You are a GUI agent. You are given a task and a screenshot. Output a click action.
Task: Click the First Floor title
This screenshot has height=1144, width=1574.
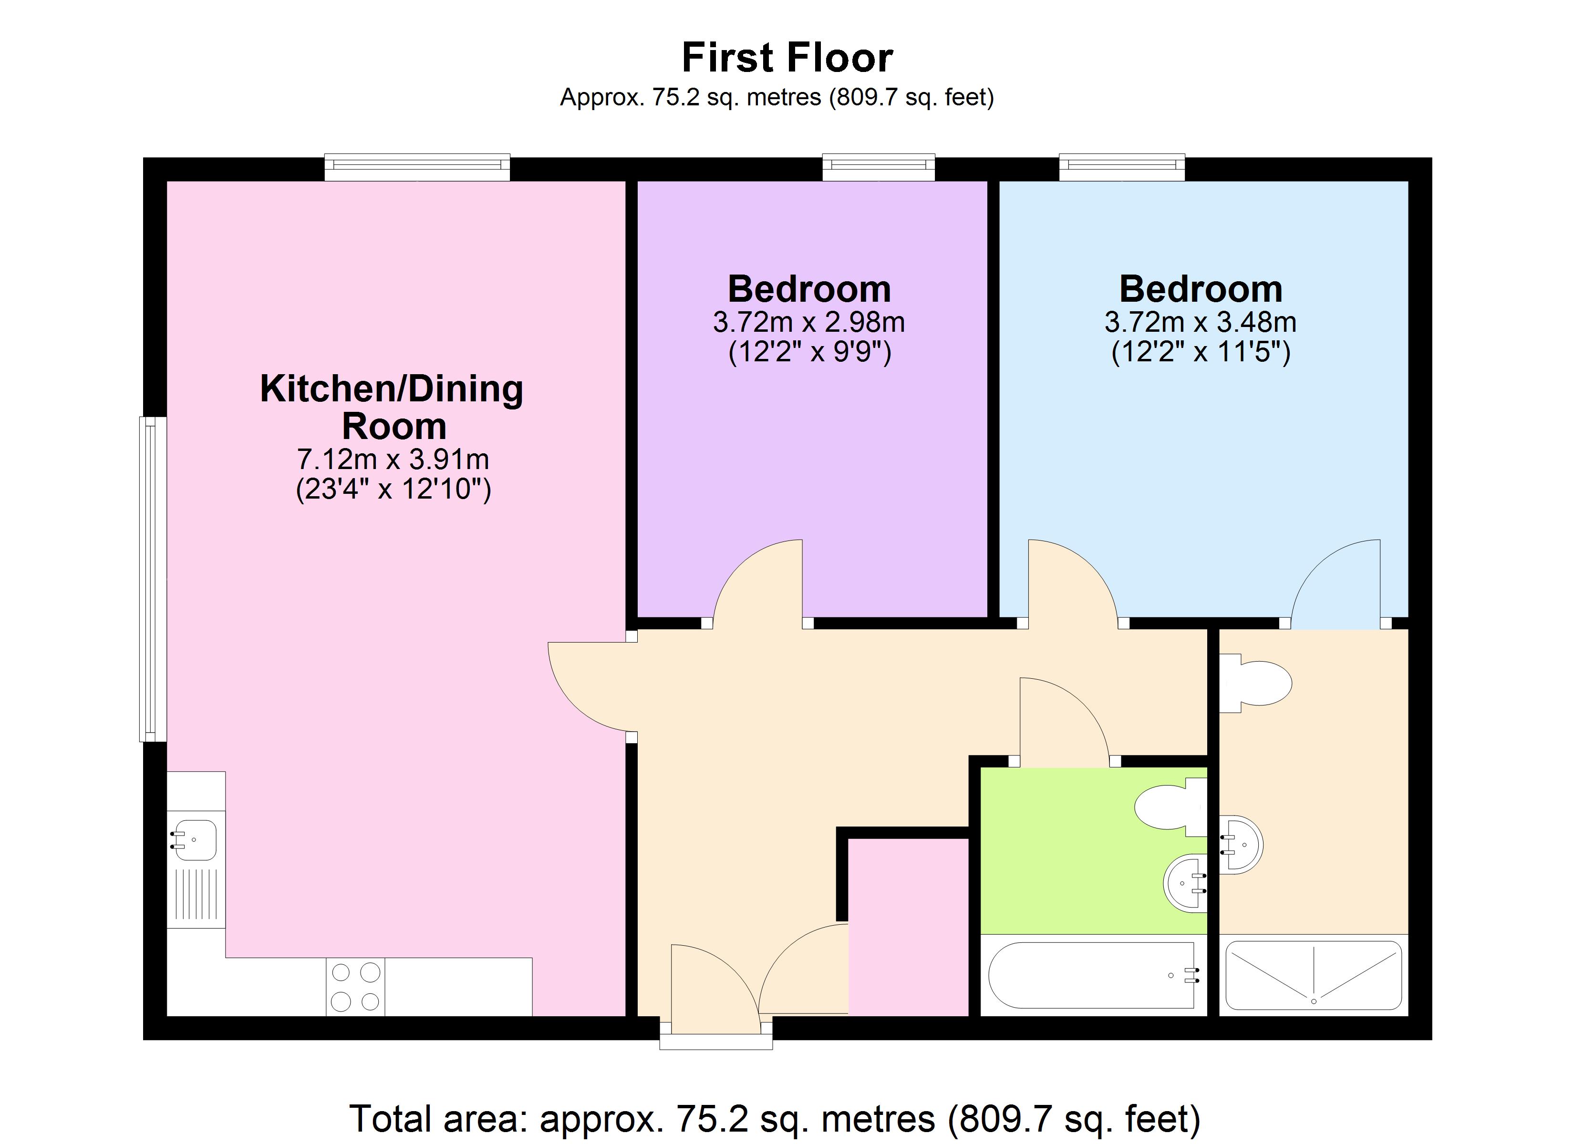pos(787,58)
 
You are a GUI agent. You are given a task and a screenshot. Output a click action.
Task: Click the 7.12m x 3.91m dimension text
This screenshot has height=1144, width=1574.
pos(393,459)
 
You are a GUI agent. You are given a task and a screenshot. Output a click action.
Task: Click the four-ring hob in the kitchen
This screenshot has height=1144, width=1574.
pos(355,987)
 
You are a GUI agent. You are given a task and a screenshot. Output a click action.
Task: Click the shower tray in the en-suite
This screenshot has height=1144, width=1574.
pos(1314,975)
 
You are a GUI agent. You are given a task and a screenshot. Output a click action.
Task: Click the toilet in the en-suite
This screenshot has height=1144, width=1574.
pos(1255,684)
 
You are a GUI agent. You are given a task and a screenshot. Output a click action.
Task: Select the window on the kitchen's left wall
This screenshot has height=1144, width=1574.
pos(153,579)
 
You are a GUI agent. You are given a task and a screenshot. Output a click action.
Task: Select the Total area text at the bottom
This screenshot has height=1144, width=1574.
pos(775,1118)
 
